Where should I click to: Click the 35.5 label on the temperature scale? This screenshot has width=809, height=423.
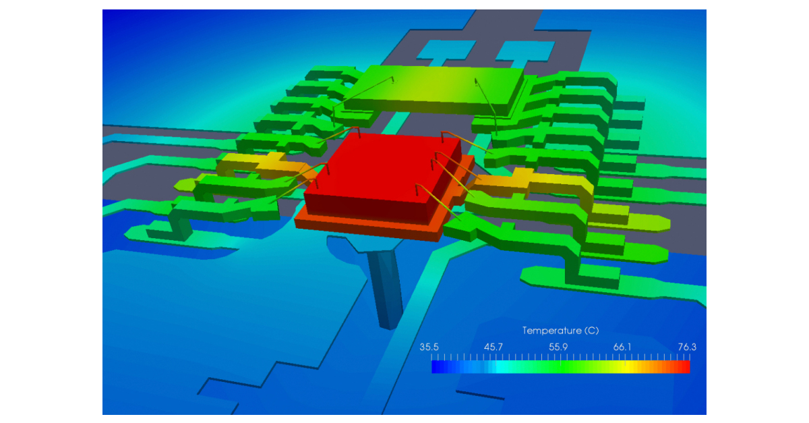point(429,347)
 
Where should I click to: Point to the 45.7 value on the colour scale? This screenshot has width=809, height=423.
point(494,347)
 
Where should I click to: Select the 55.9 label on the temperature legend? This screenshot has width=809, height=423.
point(559,347)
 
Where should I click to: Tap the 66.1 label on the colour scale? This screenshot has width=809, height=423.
point(622,347)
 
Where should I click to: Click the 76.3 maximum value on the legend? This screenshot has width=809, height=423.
point(687,347)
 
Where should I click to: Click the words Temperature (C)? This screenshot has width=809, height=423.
point(560,331)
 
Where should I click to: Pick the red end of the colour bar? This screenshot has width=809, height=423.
point(684,366)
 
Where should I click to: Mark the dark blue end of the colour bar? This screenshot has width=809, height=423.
point(436,366)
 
